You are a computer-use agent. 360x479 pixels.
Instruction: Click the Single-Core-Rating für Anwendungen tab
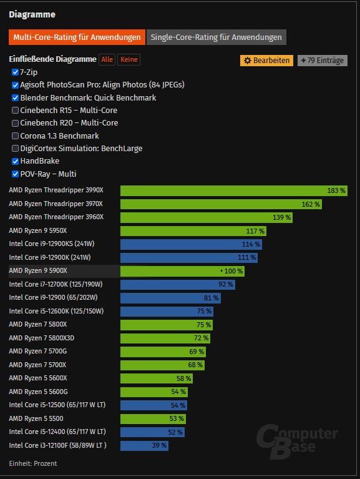216,37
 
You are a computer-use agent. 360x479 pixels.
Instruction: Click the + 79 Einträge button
322,61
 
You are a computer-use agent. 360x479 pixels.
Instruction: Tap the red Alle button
107,59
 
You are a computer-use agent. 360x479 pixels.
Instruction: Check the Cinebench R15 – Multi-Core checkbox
16,111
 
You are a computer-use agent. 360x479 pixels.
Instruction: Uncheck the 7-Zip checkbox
16,72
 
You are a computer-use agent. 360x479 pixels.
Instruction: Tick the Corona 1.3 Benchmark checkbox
16,136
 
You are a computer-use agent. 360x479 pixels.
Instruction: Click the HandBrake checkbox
16,161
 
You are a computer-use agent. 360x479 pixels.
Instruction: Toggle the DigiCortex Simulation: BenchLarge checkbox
16,149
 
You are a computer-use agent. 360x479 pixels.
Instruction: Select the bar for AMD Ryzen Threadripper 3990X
233,190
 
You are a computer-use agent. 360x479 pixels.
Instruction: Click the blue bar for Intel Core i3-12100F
144,445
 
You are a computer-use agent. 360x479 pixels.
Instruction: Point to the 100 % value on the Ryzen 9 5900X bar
231,271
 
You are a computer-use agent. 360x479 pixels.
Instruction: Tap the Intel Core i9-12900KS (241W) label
51,244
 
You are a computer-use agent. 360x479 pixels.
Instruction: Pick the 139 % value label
281,217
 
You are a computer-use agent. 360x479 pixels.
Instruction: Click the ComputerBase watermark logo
297,440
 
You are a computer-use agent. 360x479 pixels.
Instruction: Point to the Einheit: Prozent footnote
32,463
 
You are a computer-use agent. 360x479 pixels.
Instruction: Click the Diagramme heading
32,14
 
